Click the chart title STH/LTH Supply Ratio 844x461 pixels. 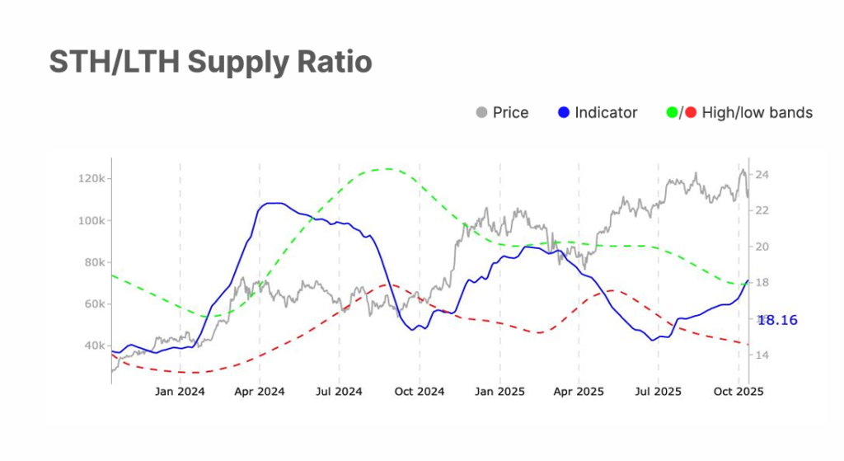pyautogui.click(x=210, y=63)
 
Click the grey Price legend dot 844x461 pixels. pyautogui.click(x=482, y=113)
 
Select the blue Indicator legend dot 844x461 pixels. pyautogui.click(x=564, y=113)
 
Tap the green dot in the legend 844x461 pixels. pyautogui.click(x=671, y=113)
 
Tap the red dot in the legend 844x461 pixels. pyautogui.click(x=690, y=113)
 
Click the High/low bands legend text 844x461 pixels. pyautogui.click(x=757, y=113)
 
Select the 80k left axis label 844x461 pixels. pyautogui.click(x=90, y=262)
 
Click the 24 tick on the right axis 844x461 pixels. pyautogui.click(x=762, y=175)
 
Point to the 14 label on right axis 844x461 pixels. pyautogui.click(x=762, y=355)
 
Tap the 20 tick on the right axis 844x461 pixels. pyautogui.click(x=762, y=247)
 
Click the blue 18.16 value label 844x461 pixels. pyautogui.click(x=778, y=320)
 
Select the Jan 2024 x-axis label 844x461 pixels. pyautogui.click(x=180, y=391)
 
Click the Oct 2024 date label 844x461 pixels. pyautogui.click(x=420, y=391)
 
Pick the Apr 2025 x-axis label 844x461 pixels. pyautogui.click(x=579, y=391)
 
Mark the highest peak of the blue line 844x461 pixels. pyautogui.click(x=273, y=203)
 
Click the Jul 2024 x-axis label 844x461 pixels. pyautogui.click(x=339, y=391)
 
